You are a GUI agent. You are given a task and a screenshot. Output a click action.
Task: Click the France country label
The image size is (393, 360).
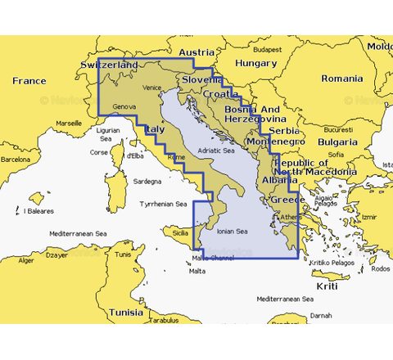tap(29, 81)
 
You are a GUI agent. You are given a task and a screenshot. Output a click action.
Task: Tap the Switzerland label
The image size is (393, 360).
tap(110, 64)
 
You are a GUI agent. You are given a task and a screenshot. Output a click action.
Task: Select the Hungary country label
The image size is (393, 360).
tap(255, 63)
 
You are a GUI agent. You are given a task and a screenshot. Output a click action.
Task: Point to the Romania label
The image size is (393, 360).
tap(341, 79)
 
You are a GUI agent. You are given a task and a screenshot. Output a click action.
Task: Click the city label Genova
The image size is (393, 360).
tap(124, 107)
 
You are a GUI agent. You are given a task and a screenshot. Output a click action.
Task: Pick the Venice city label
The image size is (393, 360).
tap(152, 88)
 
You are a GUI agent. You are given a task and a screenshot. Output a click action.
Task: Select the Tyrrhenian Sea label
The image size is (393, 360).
tap(164, 204)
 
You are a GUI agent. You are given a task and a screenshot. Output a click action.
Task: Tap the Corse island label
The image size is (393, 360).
tap(98, 152)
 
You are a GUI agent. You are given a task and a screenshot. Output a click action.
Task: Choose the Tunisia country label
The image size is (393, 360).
tap(126, 312)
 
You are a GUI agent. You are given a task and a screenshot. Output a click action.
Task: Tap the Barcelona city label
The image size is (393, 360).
tap(16, 160)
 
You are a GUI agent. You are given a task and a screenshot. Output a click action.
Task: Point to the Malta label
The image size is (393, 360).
tap(197, 272)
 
